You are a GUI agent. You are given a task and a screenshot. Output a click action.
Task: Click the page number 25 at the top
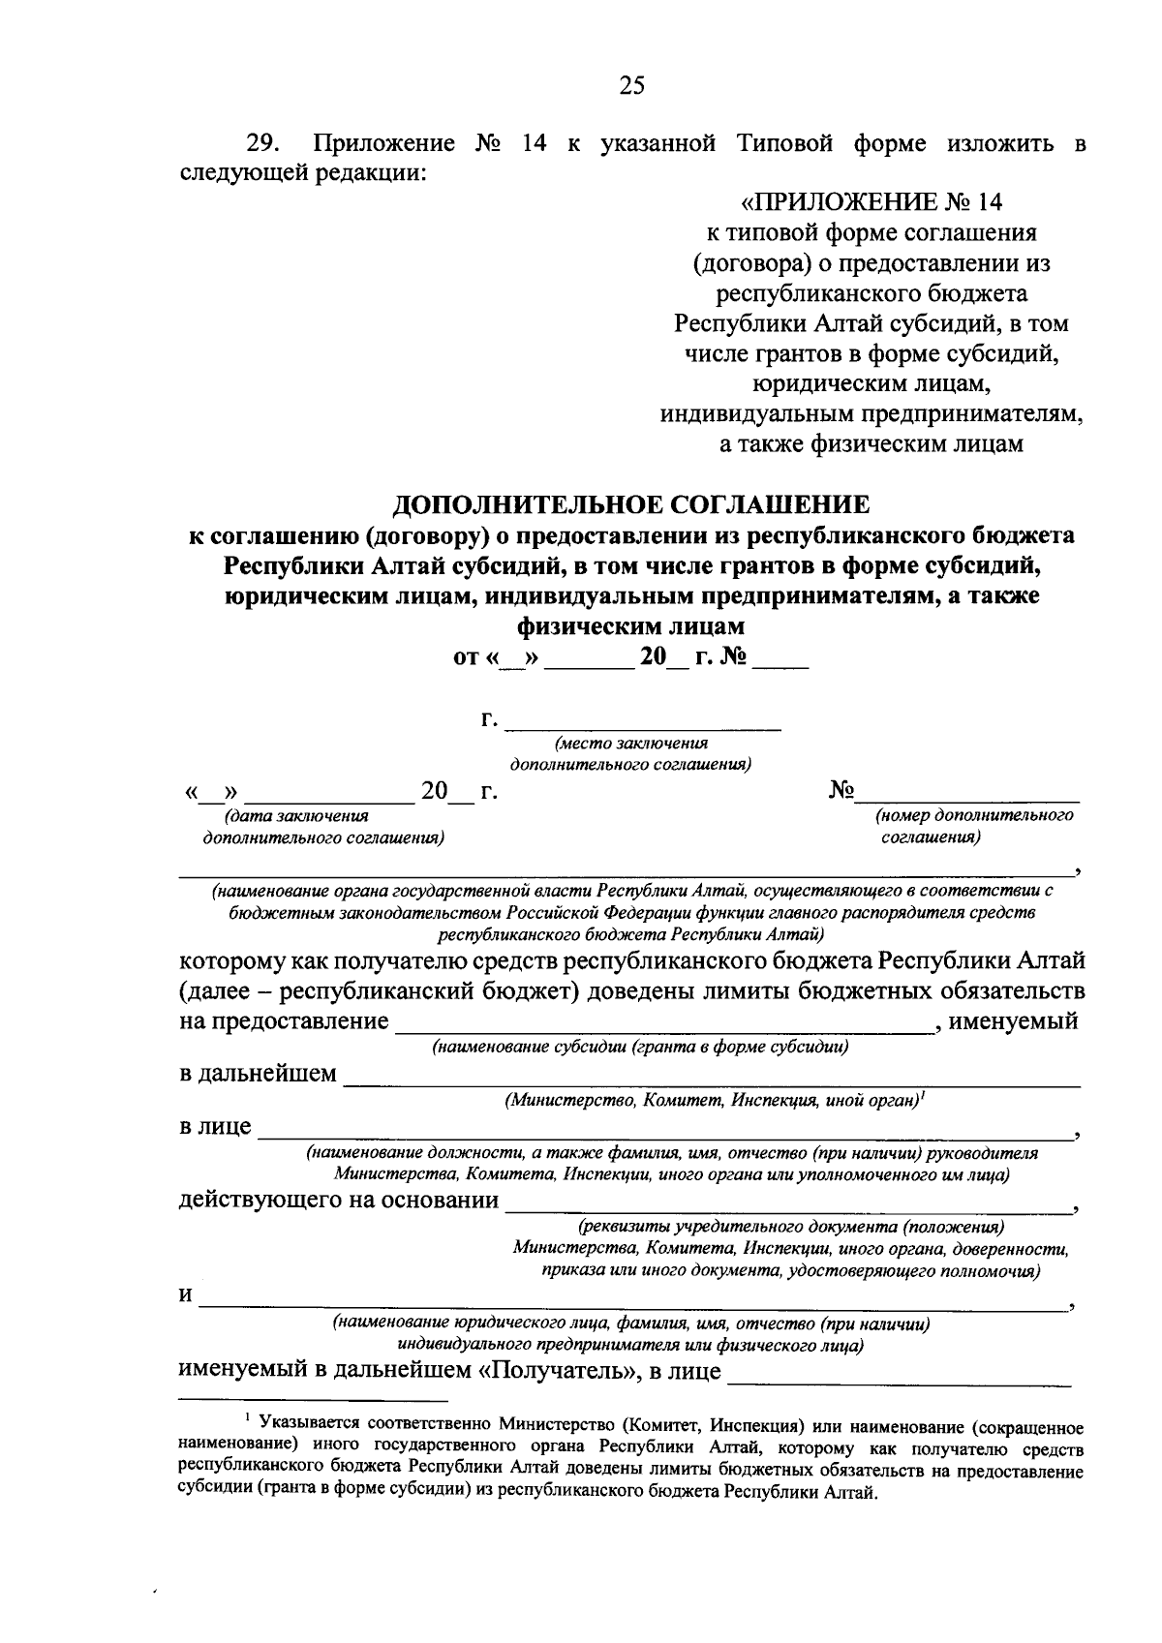(x=630, y=86)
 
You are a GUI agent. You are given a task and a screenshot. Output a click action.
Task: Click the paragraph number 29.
(x=262, y=144)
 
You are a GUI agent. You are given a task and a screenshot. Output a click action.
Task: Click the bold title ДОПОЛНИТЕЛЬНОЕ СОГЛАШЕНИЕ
(x=630, y=503)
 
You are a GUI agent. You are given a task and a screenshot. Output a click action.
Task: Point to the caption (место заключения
(x=630, y=744)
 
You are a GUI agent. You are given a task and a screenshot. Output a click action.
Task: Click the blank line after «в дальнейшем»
(x=712, y=1078)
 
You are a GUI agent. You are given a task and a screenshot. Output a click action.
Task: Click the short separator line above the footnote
(x=314, y=1400)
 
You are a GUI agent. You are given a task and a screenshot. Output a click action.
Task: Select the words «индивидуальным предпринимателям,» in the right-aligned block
(x=871, y=414)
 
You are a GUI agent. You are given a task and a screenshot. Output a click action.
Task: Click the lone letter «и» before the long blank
(x=186, y=1295)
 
